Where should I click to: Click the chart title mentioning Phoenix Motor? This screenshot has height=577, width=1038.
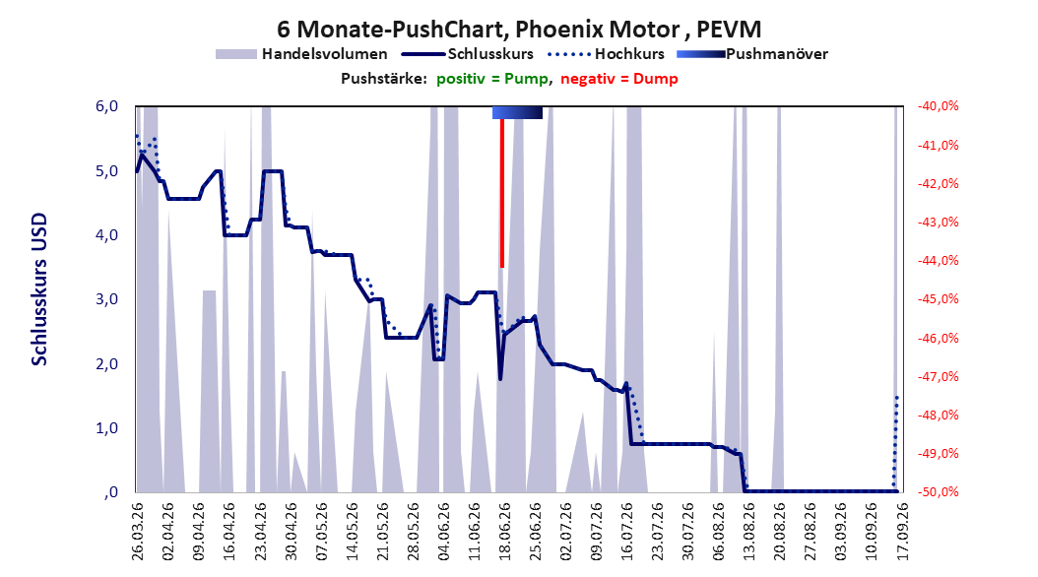[519, 30]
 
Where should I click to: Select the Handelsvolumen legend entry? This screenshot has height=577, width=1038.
[302, 54]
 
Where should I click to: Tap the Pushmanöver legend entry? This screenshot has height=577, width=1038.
[752, 54]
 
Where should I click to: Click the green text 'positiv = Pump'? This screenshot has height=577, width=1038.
[492, 79]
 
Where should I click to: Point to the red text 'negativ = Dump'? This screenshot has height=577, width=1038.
[619, 79]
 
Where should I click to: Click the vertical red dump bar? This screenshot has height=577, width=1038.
[502, 193]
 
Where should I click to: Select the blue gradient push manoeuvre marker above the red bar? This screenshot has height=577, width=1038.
[518, 112]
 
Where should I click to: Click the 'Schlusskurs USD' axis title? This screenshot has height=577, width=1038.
[39, 288]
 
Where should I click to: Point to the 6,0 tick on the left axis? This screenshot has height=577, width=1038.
[106, 106]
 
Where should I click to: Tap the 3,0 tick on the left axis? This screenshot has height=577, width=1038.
[106, 299]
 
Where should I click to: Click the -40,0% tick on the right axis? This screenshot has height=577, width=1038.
[938, 106]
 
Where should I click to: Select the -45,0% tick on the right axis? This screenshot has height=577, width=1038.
[938, 299]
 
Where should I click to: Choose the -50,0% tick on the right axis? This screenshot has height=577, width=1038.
[938, 492]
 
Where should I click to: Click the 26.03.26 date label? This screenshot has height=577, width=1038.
[137, 531]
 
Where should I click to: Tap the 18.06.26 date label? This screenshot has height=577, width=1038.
[504, 531]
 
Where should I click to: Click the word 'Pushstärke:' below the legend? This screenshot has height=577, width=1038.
[384, 79]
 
